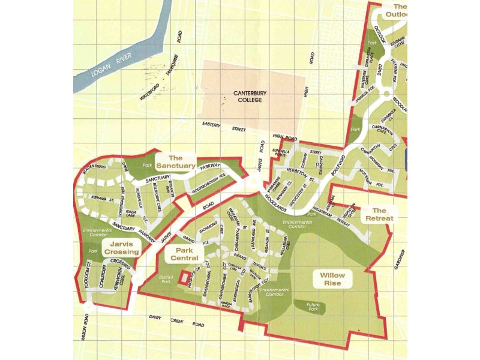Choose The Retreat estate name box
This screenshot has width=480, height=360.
pyautogui.click(x=379, y=214)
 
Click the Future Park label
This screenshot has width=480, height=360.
pyautogui.click(x=309, y=307)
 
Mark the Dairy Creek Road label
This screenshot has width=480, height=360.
pyautogui.click(x=174, y=322)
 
